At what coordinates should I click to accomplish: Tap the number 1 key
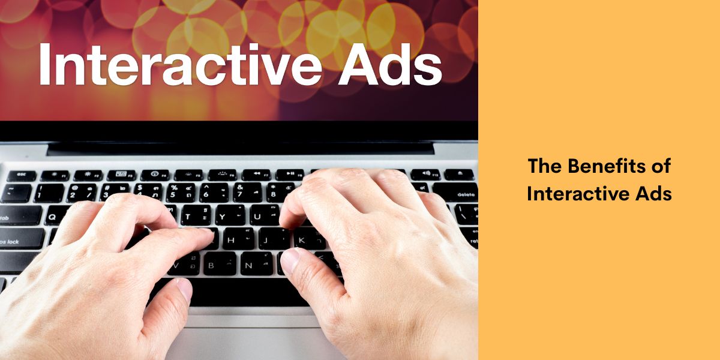point(49,193)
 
